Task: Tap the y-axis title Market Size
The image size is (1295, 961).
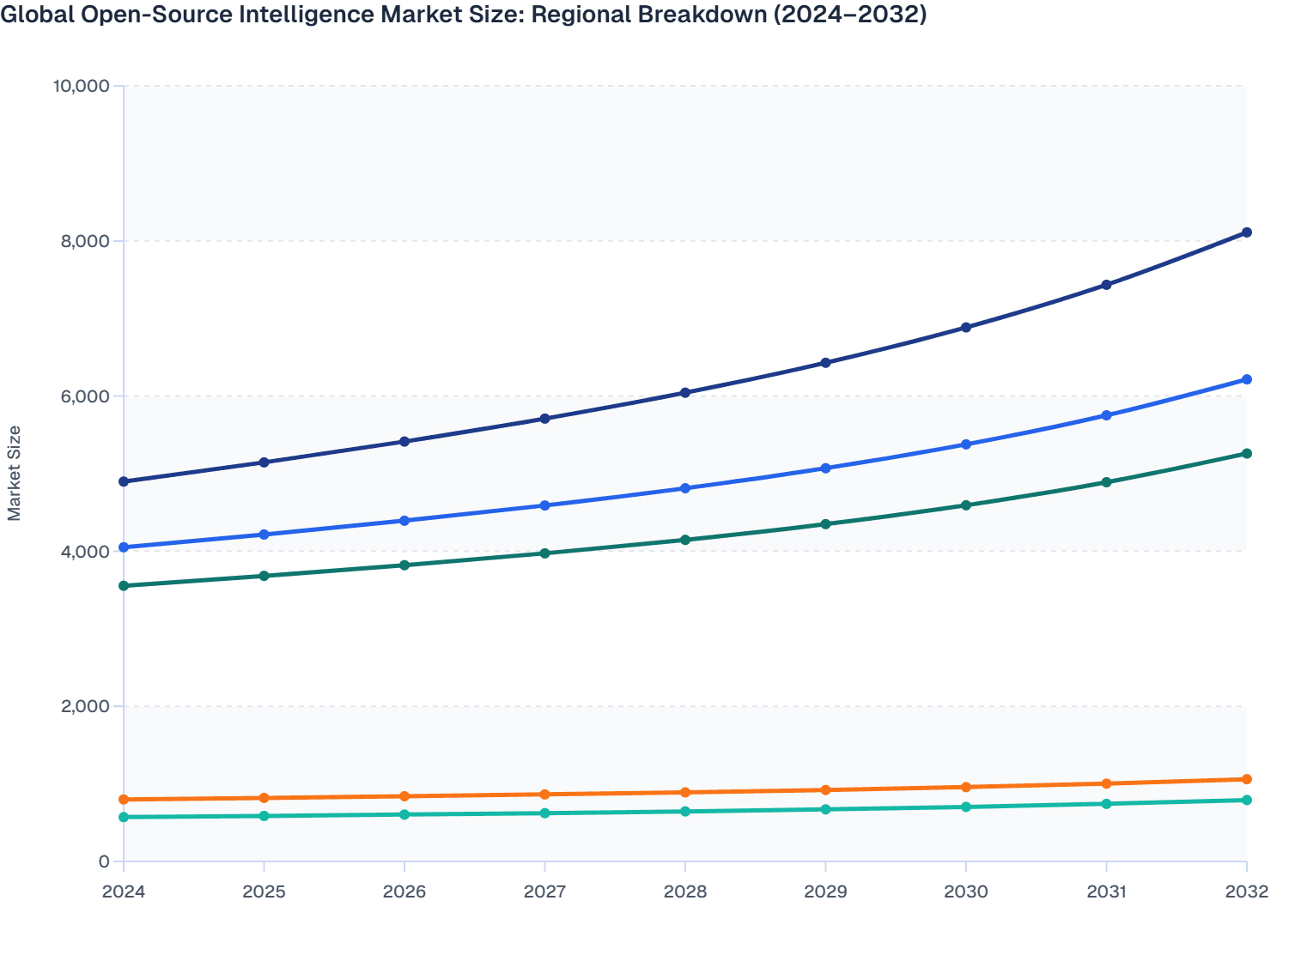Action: (14, 473)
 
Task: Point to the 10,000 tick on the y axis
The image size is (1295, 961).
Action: (81, 86)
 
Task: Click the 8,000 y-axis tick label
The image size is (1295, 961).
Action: (86, 241)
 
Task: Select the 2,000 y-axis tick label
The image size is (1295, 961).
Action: (86, 706)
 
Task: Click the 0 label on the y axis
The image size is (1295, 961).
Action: (104, 861)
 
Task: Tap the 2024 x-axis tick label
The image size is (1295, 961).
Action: (124, 891)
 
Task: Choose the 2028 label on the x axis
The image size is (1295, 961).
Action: (685, 891)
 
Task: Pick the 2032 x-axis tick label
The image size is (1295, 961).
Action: (1246, 891)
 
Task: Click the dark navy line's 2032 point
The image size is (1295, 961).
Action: (1246, 233)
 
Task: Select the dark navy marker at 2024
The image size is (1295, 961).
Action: (124, 481)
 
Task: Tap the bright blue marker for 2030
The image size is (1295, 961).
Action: (966, 444)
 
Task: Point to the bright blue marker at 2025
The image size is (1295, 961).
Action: (264, 535)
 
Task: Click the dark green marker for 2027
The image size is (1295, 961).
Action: (544, 553)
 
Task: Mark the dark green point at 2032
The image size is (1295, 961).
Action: (1246, 453)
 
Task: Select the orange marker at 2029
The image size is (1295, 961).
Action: (825, 790)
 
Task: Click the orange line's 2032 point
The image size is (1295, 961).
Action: (1246, 779)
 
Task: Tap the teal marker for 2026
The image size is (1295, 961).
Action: (404, 814)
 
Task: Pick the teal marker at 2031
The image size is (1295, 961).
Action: (1106, 804)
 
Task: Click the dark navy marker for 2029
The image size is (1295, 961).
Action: (825, 363)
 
